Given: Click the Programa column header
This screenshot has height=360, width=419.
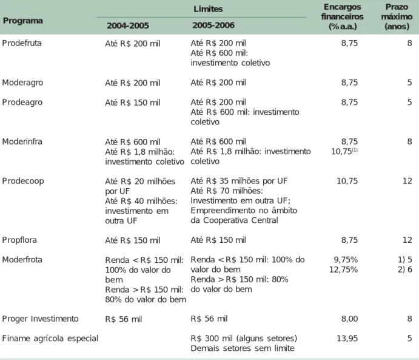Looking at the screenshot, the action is pos(22,21).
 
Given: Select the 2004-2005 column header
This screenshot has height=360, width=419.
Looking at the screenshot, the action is pos(128,25).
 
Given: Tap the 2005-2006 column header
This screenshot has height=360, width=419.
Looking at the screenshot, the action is pos(213,25).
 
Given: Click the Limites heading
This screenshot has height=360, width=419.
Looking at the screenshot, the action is pos(208,9).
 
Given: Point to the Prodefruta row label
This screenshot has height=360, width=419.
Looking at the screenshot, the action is pos(22,43).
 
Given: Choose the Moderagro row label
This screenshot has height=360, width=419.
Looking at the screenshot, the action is pos(22,83).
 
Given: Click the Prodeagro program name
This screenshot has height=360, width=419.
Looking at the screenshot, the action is pos(22,102).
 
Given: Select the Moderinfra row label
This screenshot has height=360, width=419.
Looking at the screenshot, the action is pos(22,141).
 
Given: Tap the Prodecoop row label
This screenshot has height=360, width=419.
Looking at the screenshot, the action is pos(23,181).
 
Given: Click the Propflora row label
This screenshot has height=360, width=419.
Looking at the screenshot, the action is pos(19,240).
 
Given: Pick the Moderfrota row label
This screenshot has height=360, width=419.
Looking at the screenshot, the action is pos(22,260).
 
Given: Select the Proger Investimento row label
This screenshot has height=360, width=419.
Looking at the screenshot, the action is pos(41,319).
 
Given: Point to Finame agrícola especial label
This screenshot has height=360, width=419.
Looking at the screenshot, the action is pos(50,339).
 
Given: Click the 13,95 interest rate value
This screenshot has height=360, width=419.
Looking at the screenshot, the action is pos(347,339).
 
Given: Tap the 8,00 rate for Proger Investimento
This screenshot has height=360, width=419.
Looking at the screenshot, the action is pos(349,319).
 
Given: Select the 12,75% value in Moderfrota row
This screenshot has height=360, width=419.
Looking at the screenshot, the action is pos(343,270).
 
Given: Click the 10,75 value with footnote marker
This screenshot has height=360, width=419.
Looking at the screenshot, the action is pos(344,151).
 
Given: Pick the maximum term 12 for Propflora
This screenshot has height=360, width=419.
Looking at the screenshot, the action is pos(407,240).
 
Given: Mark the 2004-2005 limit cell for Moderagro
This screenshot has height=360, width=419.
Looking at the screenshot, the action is pos(133,83).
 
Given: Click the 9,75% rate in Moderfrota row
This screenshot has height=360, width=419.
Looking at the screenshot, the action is pos(346,260).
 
